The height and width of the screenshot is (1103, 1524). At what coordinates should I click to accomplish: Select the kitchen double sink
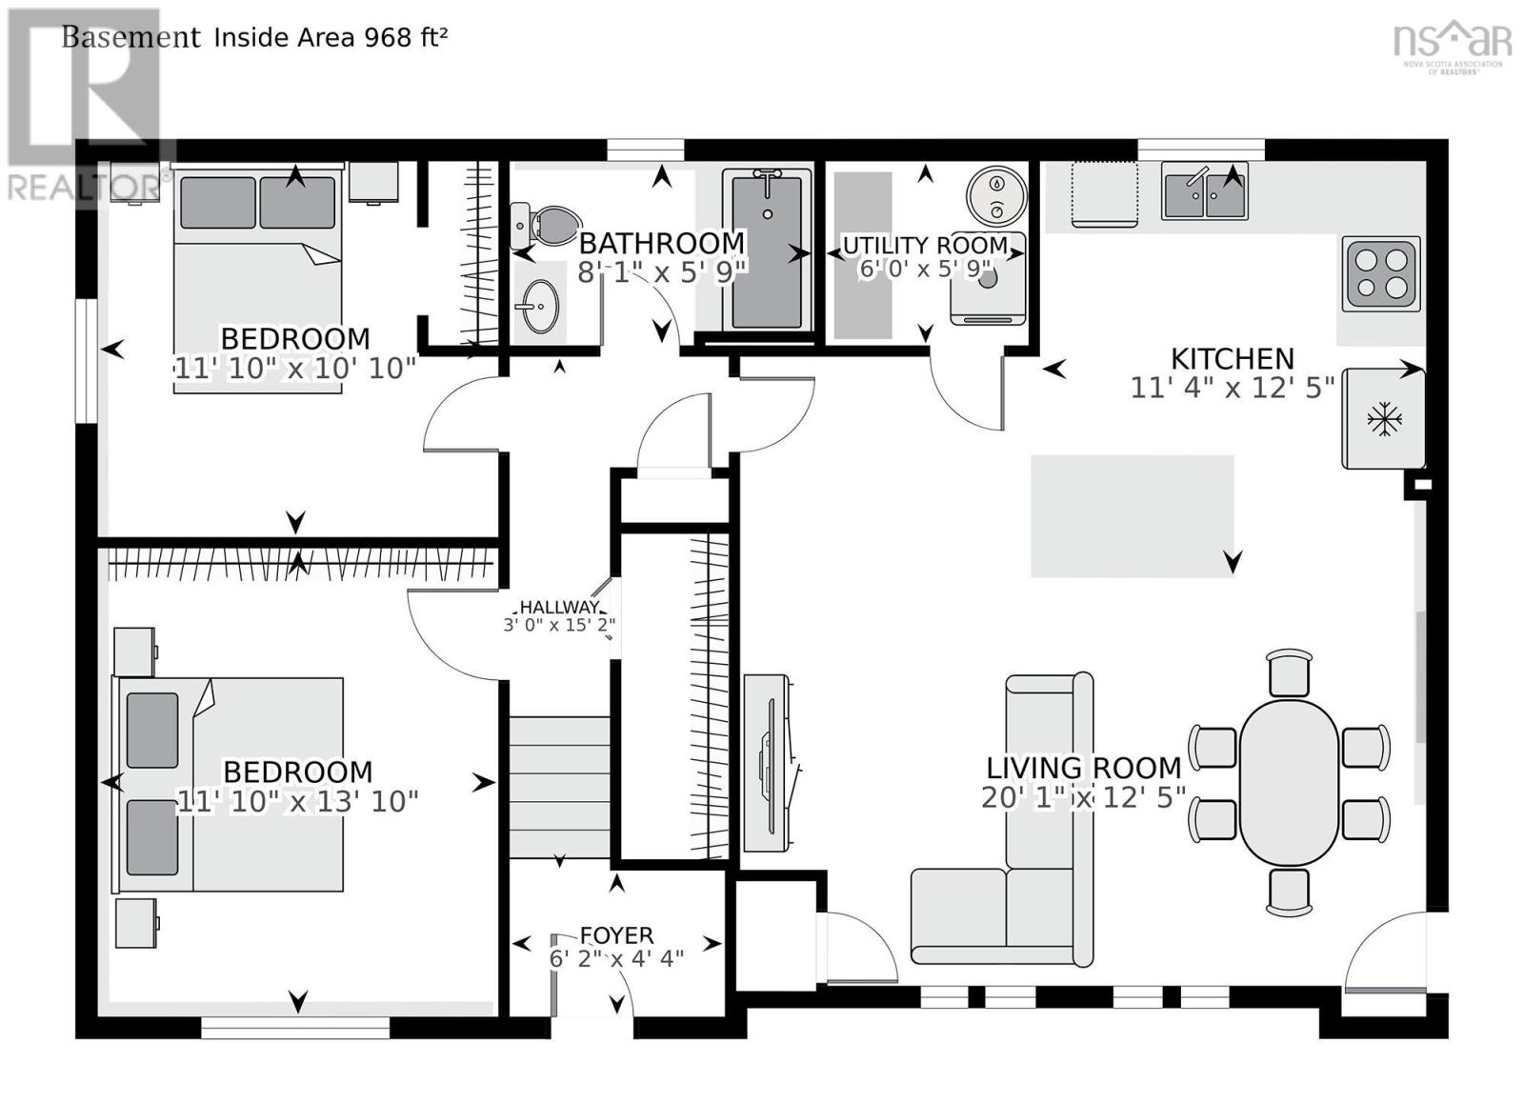click(x=1204, y=191)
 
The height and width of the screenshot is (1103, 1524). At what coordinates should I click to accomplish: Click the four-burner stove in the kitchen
click(x=1380, y=273)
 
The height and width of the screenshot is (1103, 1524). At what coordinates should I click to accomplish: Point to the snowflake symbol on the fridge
click(x=1382, y=419)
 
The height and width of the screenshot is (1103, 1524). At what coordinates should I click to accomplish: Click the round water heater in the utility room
click(x=996, y=195)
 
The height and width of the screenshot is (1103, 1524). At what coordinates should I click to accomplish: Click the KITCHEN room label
click(x=1232, y=359)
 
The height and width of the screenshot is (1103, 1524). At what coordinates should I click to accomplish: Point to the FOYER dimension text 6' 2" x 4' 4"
click(x=616, y=959)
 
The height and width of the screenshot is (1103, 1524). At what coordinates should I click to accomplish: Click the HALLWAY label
click(x=559, y=608)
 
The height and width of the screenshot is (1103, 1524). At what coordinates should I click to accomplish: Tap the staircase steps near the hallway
click(x=559, y=787)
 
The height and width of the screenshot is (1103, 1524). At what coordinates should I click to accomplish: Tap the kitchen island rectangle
click(x=1132, y=515)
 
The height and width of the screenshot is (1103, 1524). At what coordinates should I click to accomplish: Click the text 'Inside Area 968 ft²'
click(x=331, y=38)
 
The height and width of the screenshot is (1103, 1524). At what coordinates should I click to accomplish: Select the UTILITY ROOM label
click(x=925, y=247)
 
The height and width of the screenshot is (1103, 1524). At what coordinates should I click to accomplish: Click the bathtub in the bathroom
click(x=767, y=250)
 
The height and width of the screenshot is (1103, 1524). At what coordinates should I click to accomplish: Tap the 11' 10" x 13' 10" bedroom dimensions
click(x=298, y=802)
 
